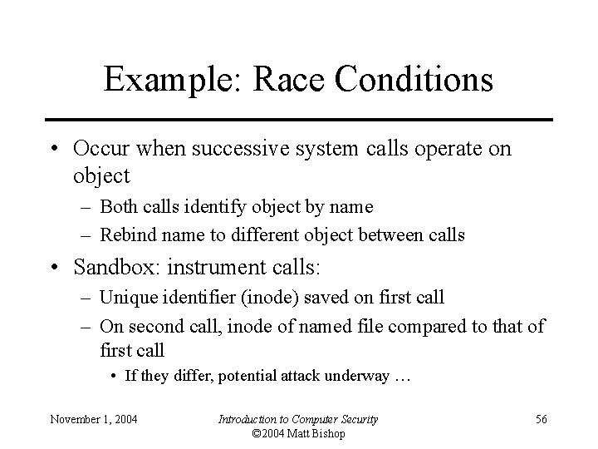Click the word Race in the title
[x=276, y=80]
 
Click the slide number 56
[x=541, y=419]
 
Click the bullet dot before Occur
[x=54, y=150]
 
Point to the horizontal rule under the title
[x=298, y=120]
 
